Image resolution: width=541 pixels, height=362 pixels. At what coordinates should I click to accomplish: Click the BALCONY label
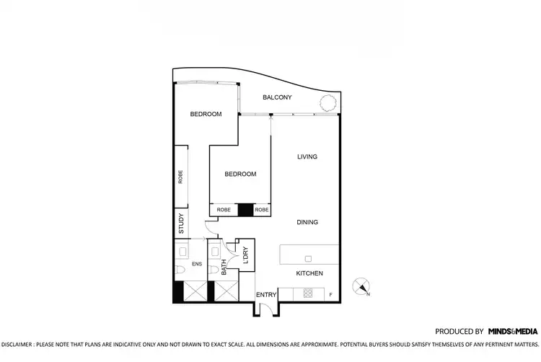277,97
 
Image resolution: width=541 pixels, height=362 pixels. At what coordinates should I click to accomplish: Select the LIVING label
307,156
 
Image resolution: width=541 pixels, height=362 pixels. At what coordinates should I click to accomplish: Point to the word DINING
307,222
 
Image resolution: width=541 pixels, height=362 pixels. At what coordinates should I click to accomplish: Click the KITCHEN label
309,273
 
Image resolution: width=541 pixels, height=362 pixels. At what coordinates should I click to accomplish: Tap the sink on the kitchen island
308,257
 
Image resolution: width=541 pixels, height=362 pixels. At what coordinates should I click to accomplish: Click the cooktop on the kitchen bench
308,293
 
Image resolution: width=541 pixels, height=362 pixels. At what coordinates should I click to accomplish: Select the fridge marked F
330,293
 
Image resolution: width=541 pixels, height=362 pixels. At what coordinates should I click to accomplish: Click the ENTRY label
266,295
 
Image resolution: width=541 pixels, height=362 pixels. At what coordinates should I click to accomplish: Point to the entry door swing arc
265,308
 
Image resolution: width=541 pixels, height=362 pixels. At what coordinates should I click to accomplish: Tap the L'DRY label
245,255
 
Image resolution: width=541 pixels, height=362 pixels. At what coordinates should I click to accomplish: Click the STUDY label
180,224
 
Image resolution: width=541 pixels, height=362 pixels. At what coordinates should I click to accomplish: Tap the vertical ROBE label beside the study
180,177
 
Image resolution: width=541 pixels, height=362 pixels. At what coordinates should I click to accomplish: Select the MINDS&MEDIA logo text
512,331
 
